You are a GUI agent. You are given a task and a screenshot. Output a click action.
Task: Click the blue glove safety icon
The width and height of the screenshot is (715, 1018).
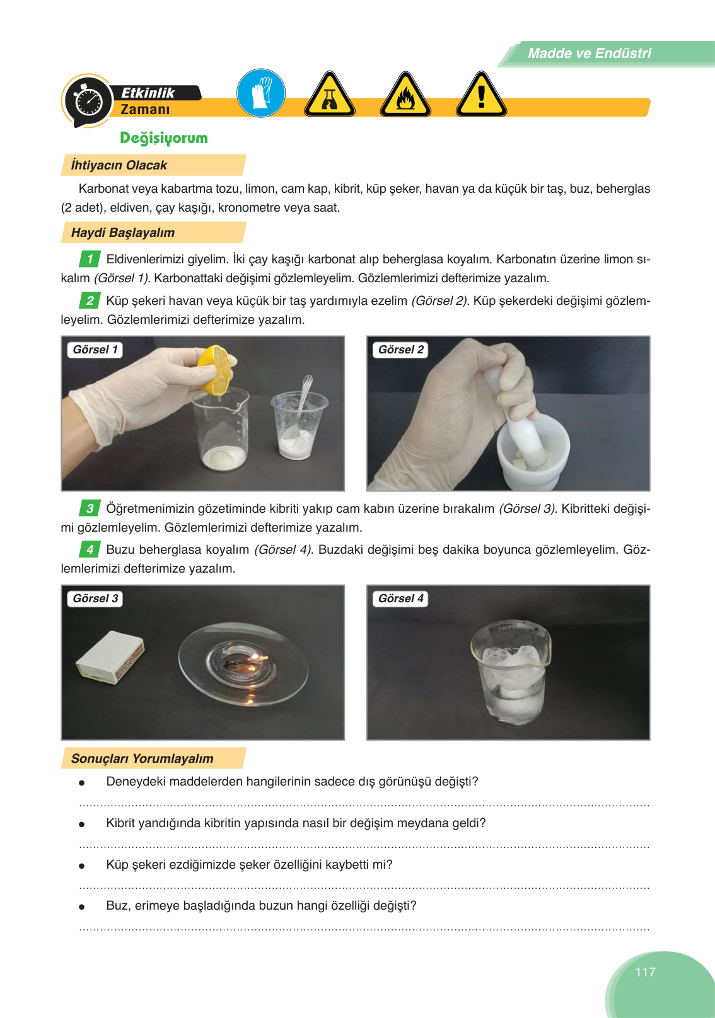click(261, 93)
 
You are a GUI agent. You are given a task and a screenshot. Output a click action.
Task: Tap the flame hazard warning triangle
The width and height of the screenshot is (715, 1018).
click(405, 95)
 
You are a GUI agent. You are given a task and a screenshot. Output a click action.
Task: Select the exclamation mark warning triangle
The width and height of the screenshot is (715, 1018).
click(481, 95)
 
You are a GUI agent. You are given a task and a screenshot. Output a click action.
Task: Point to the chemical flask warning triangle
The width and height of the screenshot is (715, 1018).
click(330, 95)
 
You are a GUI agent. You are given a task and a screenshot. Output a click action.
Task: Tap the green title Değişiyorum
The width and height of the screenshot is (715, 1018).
click(164, 138)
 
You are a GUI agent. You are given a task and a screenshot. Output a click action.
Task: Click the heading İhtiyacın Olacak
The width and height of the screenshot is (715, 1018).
click(119, 165)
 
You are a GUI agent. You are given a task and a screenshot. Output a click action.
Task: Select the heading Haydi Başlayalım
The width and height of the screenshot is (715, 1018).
click(123, 232)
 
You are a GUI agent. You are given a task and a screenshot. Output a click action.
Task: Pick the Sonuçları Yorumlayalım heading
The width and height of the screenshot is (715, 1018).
click(142, 758)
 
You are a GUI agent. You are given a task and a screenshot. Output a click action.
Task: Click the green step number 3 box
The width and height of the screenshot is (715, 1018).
click(90, 508)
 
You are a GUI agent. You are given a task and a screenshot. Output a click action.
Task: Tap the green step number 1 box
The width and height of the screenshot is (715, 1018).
click(90, 259)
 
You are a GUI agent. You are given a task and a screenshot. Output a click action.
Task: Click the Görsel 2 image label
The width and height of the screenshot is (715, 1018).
click(401, 350)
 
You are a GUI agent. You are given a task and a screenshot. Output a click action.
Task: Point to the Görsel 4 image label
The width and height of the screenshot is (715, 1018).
click(401, 598)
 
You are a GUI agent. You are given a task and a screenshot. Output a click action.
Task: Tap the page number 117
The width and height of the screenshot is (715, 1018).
click(645, 972)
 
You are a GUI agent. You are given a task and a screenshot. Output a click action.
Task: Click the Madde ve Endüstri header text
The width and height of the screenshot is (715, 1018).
click(590, 53)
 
